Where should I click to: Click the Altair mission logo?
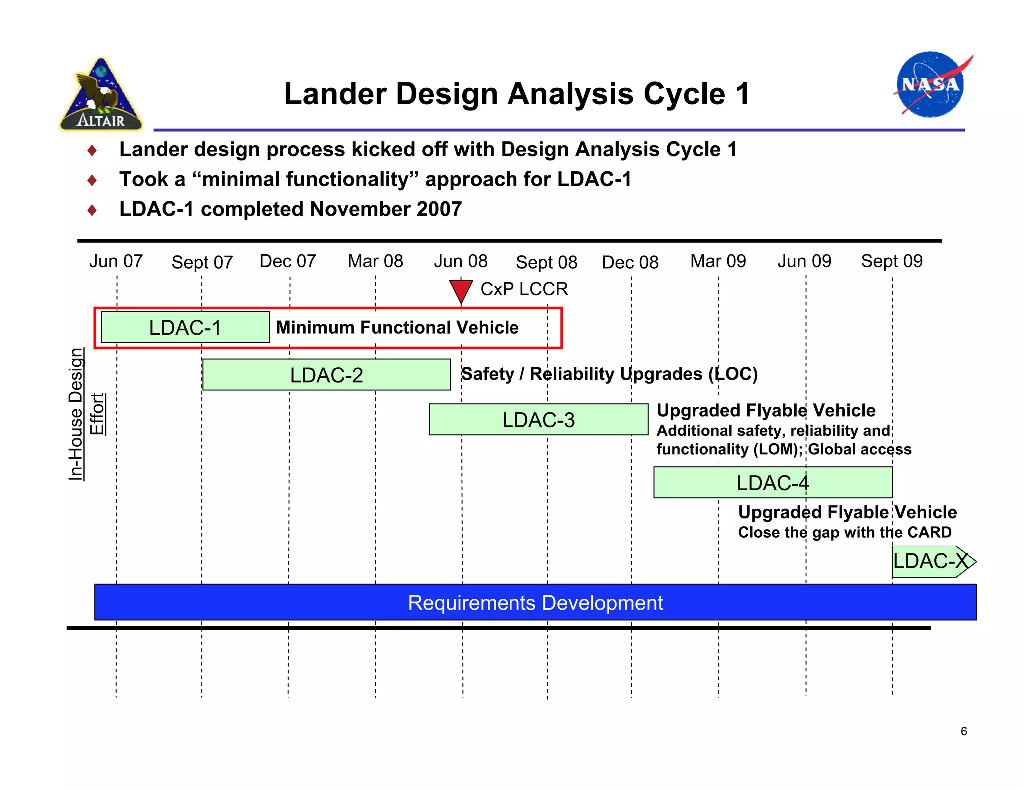coord(101,95)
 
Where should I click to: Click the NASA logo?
coord(931,85)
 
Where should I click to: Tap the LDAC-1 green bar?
coord(185,328)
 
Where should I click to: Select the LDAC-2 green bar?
coord(326,375)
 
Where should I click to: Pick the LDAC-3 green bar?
coord(538,420)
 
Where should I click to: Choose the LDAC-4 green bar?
coord(772,483)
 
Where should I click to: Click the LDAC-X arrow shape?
coord(932,561)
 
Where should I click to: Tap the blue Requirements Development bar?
coord(535,603)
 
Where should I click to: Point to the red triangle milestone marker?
coord(461,290)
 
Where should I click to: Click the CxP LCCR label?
coord(524,289)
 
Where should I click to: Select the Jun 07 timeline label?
coord(116,261)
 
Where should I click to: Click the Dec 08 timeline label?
coord(630,262)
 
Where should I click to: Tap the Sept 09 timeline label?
coord(892,261)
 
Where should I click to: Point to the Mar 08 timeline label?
coord(375,261)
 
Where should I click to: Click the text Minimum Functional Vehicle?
coord(397,328)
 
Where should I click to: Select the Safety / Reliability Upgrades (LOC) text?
coord(609,374)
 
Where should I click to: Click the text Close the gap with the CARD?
coord(845,532)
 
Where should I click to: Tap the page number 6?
coord(964,731)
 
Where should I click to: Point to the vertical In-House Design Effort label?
coord(86,414)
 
